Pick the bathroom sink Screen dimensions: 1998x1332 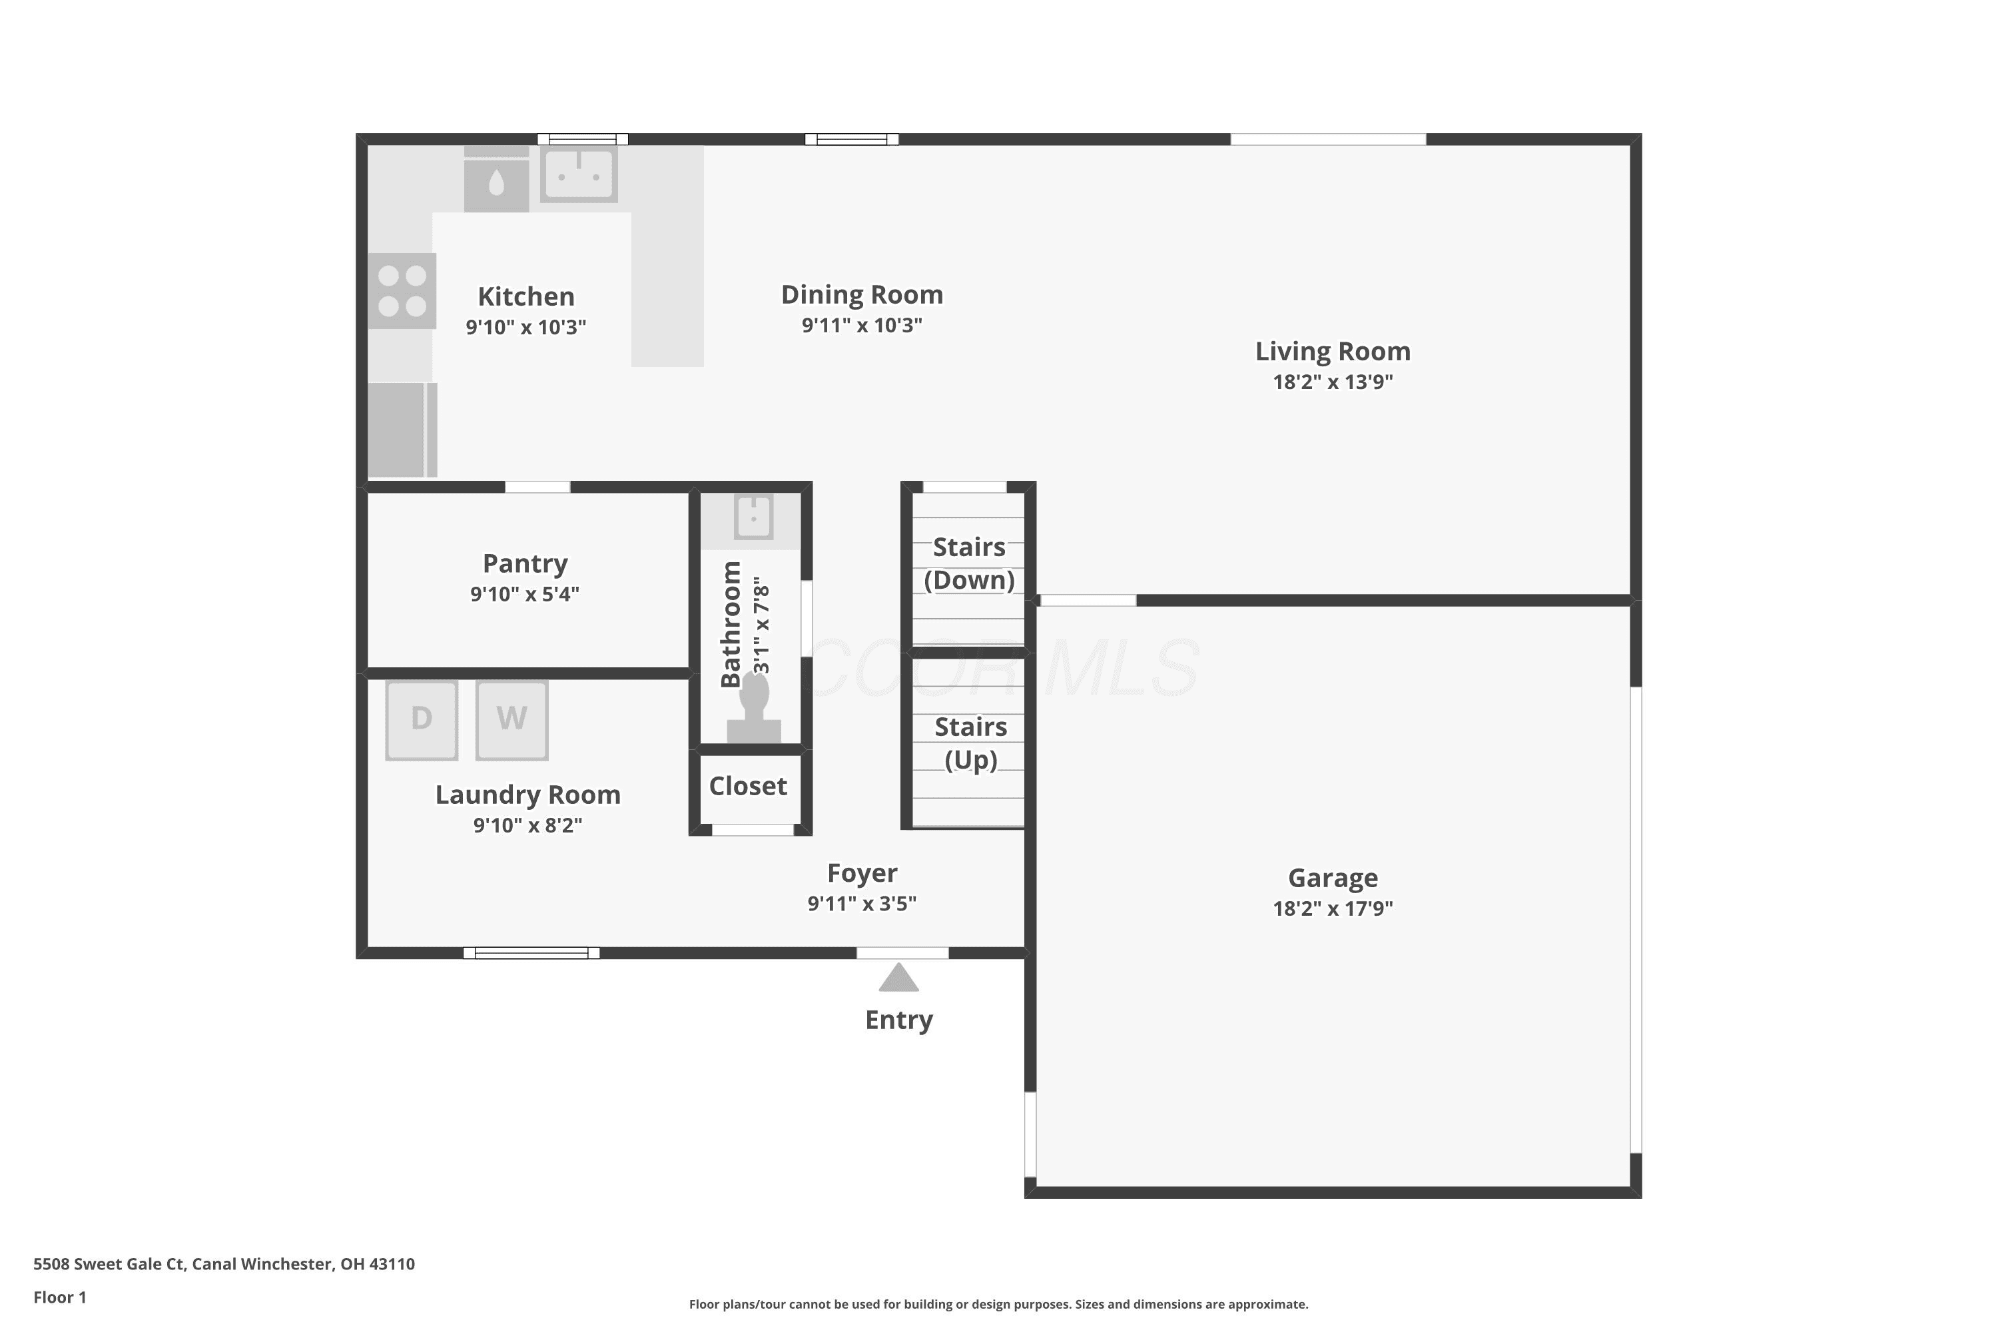click(x=753, y=517)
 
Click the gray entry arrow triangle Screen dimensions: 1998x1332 click(x=898, y=977)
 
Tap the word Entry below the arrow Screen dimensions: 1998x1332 click(x=898, y=1020)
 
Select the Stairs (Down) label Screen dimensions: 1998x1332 click(x=969, y=563)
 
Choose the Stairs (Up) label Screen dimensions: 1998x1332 click(x=971, y=743)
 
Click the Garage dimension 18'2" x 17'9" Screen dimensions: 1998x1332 click(x=1333, y=908)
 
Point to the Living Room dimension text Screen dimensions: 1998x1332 click(x=1333, y=382)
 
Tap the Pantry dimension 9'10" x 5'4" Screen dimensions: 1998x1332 click(x=525, y=594)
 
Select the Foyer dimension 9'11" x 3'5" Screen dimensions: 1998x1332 click(x=862, y=903)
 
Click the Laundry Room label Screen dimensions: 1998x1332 click(x=528, y=795)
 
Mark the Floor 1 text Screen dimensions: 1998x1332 click(x=59, y=1297)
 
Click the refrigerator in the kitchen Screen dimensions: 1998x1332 click(x=402, y=429)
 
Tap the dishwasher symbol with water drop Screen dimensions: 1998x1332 click(x=496, y=179)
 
